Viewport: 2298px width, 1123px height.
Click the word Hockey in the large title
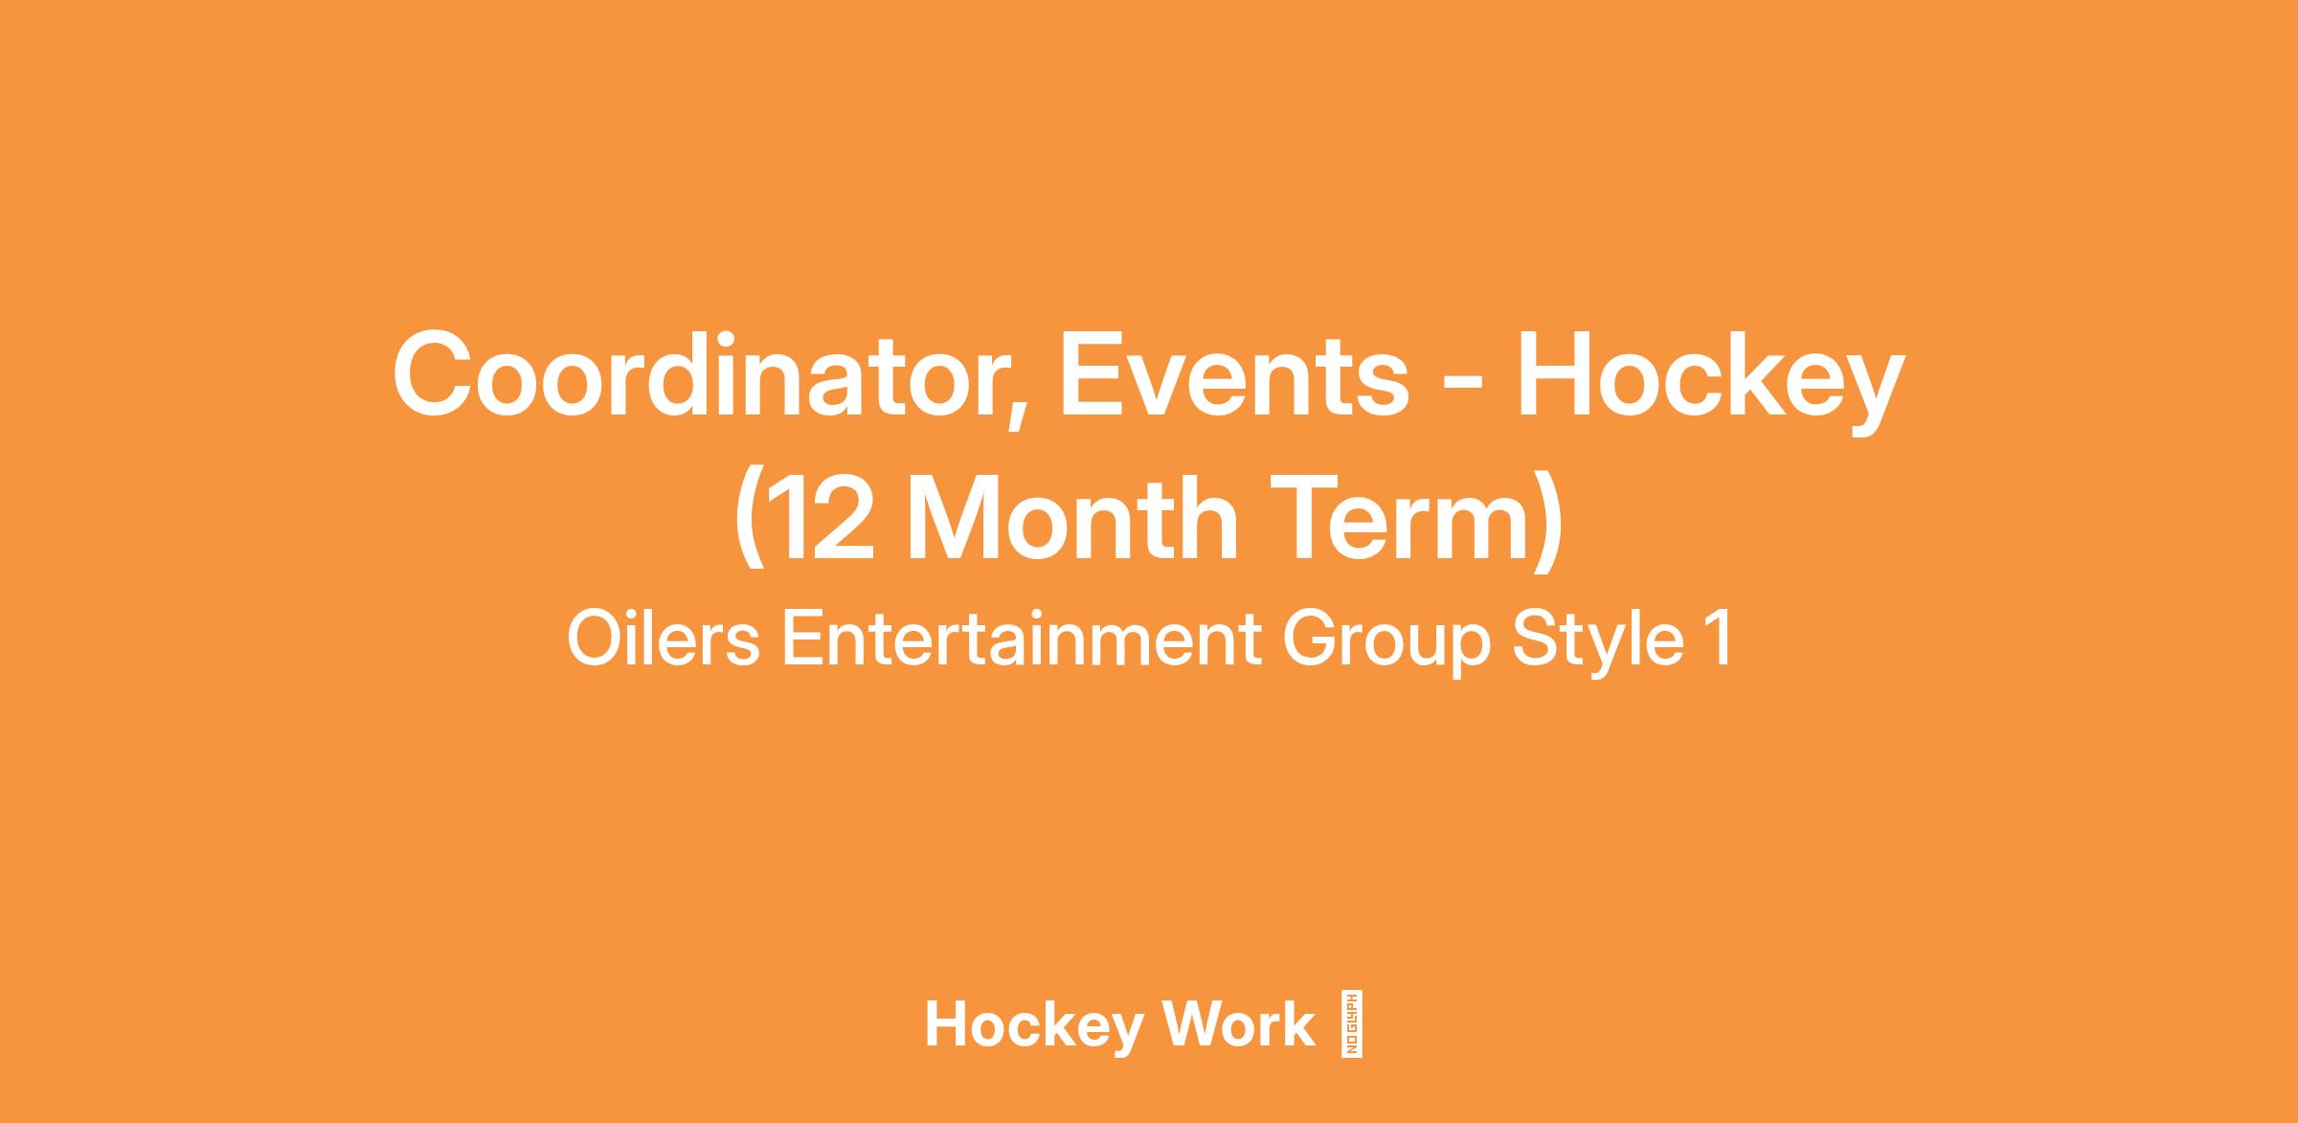click(1710, 381)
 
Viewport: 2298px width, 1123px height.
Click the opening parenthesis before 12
click(749, 525)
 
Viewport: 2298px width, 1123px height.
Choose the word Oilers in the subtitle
click(663, 639)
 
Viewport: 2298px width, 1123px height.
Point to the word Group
click(1386, 644)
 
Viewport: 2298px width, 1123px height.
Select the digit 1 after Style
click(1720, 640)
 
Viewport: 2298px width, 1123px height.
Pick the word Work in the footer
click(1239, 1024)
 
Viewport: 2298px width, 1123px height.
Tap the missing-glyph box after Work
click(1352, 1022)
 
